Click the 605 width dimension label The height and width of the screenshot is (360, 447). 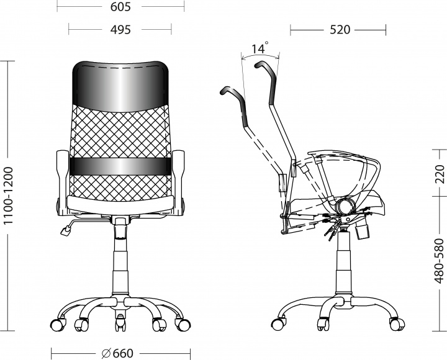point(120,7)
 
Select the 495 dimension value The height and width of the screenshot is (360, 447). point(120,30)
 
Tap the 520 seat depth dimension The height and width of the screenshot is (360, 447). point(340,30)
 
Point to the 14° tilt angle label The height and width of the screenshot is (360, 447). point(260,48)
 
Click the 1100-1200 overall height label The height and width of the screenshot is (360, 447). point(9,196)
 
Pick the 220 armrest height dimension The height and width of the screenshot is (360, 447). point(440,174)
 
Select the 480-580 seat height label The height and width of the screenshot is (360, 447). point(440,261)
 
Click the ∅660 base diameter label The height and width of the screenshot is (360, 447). point(117,353)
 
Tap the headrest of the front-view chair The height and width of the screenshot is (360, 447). point(120,86)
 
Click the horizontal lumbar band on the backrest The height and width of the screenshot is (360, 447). point(120,166)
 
